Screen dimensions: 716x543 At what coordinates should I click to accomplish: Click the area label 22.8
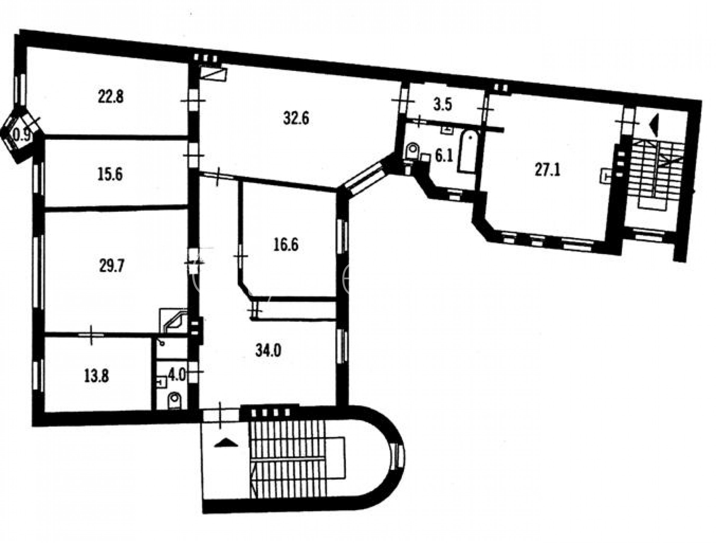click(110, 97)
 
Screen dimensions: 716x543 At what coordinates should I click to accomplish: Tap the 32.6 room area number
click(296, 119)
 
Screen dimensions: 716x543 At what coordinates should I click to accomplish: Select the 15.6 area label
click(110, 175)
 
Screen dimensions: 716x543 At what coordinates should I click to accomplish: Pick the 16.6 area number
click(286, 245)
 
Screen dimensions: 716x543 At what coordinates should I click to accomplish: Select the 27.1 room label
click(547, 170)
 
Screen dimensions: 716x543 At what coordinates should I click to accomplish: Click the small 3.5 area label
click(443, 105)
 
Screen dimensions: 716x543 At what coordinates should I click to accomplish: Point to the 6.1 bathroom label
click(444, 157)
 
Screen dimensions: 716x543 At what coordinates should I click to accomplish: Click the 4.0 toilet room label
click(176, 376)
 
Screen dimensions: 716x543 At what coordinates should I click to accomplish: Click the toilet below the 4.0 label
click(175, 401)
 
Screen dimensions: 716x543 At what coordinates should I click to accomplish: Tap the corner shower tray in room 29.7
click(173, 321)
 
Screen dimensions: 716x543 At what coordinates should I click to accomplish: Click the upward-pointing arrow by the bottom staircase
click(226, 443)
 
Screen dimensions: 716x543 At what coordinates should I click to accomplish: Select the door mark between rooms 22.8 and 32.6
click(193, 101)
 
